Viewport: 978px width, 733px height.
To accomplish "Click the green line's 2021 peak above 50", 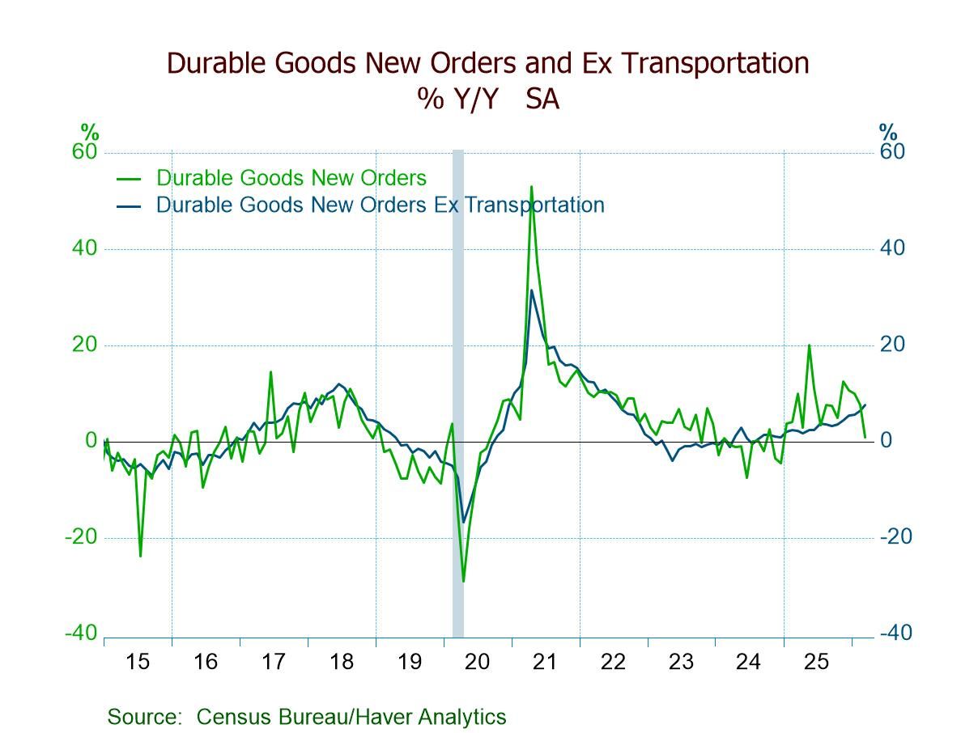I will [531, 187].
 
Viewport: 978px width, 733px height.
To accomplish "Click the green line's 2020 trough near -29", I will [463, 581].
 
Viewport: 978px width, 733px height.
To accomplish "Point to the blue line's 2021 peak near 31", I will [531, 290].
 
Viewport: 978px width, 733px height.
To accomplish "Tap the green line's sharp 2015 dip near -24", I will [140, 556].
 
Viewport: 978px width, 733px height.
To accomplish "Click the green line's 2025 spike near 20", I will [809, 345].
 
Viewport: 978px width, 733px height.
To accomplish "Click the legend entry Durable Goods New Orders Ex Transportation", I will [380, 205].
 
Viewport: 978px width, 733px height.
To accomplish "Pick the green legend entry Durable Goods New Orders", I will [291, 178].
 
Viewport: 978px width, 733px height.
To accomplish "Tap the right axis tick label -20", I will [894, 537].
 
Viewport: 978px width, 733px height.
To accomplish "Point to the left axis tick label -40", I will [81, 633].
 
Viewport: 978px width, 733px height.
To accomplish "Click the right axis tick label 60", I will [893, 152].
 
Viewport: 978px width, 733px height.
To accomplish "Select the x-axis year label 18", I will [342, 662].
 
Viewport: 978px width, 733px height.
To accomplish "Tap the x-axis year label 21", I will [545, 662].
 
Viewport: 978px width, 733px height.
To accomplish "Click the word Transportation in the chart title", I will [710, 63].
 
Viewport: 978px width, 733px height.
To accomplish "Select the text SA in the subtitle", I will [542, 99].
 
